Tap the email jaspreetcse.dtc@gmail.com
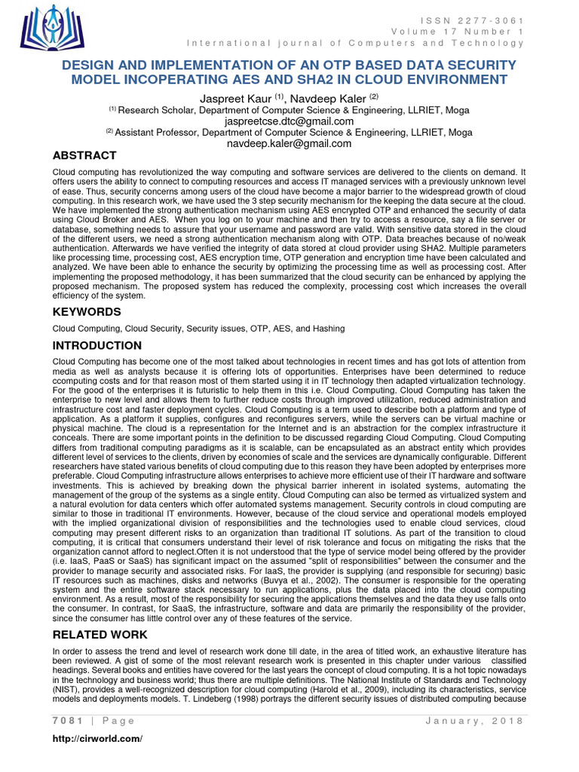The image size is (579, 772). (x=289, y=121)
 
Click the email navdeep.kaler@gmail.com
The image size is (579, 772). (x=289, y=143)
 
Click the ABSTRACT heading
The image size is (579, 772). (x=84, y=156)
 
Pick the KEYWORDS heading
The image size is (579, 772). (x=87, y=311)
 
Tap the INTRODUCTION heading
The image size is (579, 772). (x=96, y=346)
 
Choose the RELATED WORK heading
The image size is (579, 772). (x=100, y=635)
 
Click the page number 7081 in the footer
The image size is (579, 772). (x=66, y=721)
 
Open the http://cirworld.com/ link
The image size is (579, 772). (x=97, y=738)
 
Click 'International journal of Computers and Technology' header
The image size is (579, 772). (x=354, y=42)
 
